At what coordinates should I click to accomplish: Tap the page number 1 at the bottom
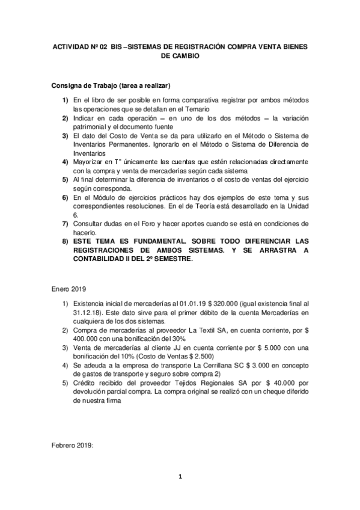click(x=179, y=478)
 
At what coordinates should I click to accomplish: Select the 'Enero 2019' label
click(x=69, y=289)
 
